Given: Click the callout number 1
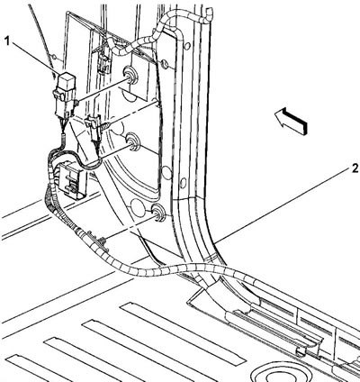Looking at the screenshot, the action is click(8, 41).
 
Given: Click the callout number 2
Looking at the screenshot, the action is click(355, 168).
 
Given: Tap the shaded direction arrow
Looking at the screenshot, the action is click(291, 121).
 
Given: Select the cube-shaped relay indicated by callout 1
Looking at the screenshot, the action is click(66, 81).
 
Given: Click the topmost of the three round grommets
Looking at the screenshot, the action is click(130, 74).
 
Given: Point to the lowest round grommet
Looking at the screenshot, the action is click(157, 212).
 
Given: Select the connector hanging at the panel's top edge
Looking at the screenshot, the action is click(104, 61).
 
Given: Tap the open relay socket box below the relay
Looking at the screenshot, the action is click(70, 178).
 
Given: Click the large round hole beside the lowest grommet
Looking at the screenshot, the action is click(137, 206).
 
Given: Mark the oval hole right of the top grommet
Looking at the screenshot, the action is click(164, 64).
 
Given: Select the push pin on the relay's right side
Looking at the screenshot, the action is click(76, 103).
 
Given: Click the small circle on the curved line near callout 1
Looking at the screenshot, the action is click(54, 57).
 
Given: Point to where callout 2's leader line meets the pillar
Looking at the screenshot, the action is click(217, 241).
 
